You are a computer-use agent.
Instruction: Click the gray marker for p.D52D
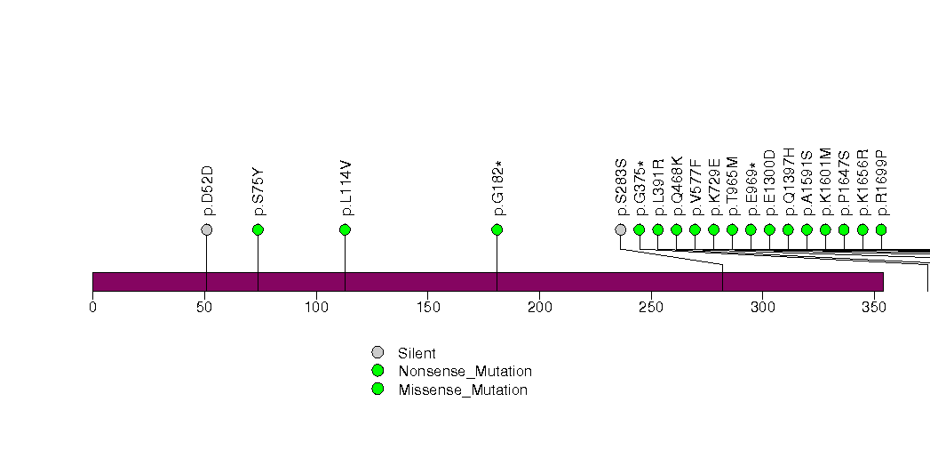(206, 229)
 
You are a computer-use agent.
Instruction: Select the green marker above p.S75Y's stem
(258, 229)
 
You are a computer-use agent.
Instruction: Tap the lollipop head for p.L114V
(346, 229)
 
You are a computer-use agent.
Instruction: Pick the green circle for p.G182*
(497, 229)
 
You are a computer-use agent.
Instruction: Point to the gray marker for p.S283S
(620, 229)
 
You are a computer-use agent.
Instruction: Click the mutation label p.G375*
(640, 189)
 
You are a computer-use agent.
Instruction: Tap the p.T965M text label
(733, 187)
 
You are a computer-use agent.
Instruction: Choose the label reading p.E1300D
(770, 183)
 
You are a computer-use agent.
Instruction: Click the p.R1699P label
(882, 183)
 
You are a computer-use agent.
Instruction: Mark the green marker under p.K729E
(713, 229)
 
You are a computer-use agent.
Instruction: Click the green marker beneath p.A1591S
(807, 229)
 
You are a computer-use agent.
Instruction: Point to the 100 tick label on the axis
(316, 308)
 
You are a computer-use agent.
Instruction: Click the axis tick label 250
(651, 308)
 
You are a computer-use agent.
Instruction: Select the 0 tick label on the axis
(92, 308)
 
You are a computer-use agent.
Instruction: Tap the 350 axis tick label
(874, 308)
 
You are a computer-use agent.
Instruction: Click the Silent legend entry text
(417, 353)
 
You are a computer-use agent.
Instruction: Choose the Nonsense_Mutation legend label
(465, 372)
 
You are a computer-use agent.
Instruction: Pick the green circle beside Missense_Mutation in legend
(378, 390)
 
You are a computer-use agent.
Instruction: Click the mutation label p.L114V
(347, 189)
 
